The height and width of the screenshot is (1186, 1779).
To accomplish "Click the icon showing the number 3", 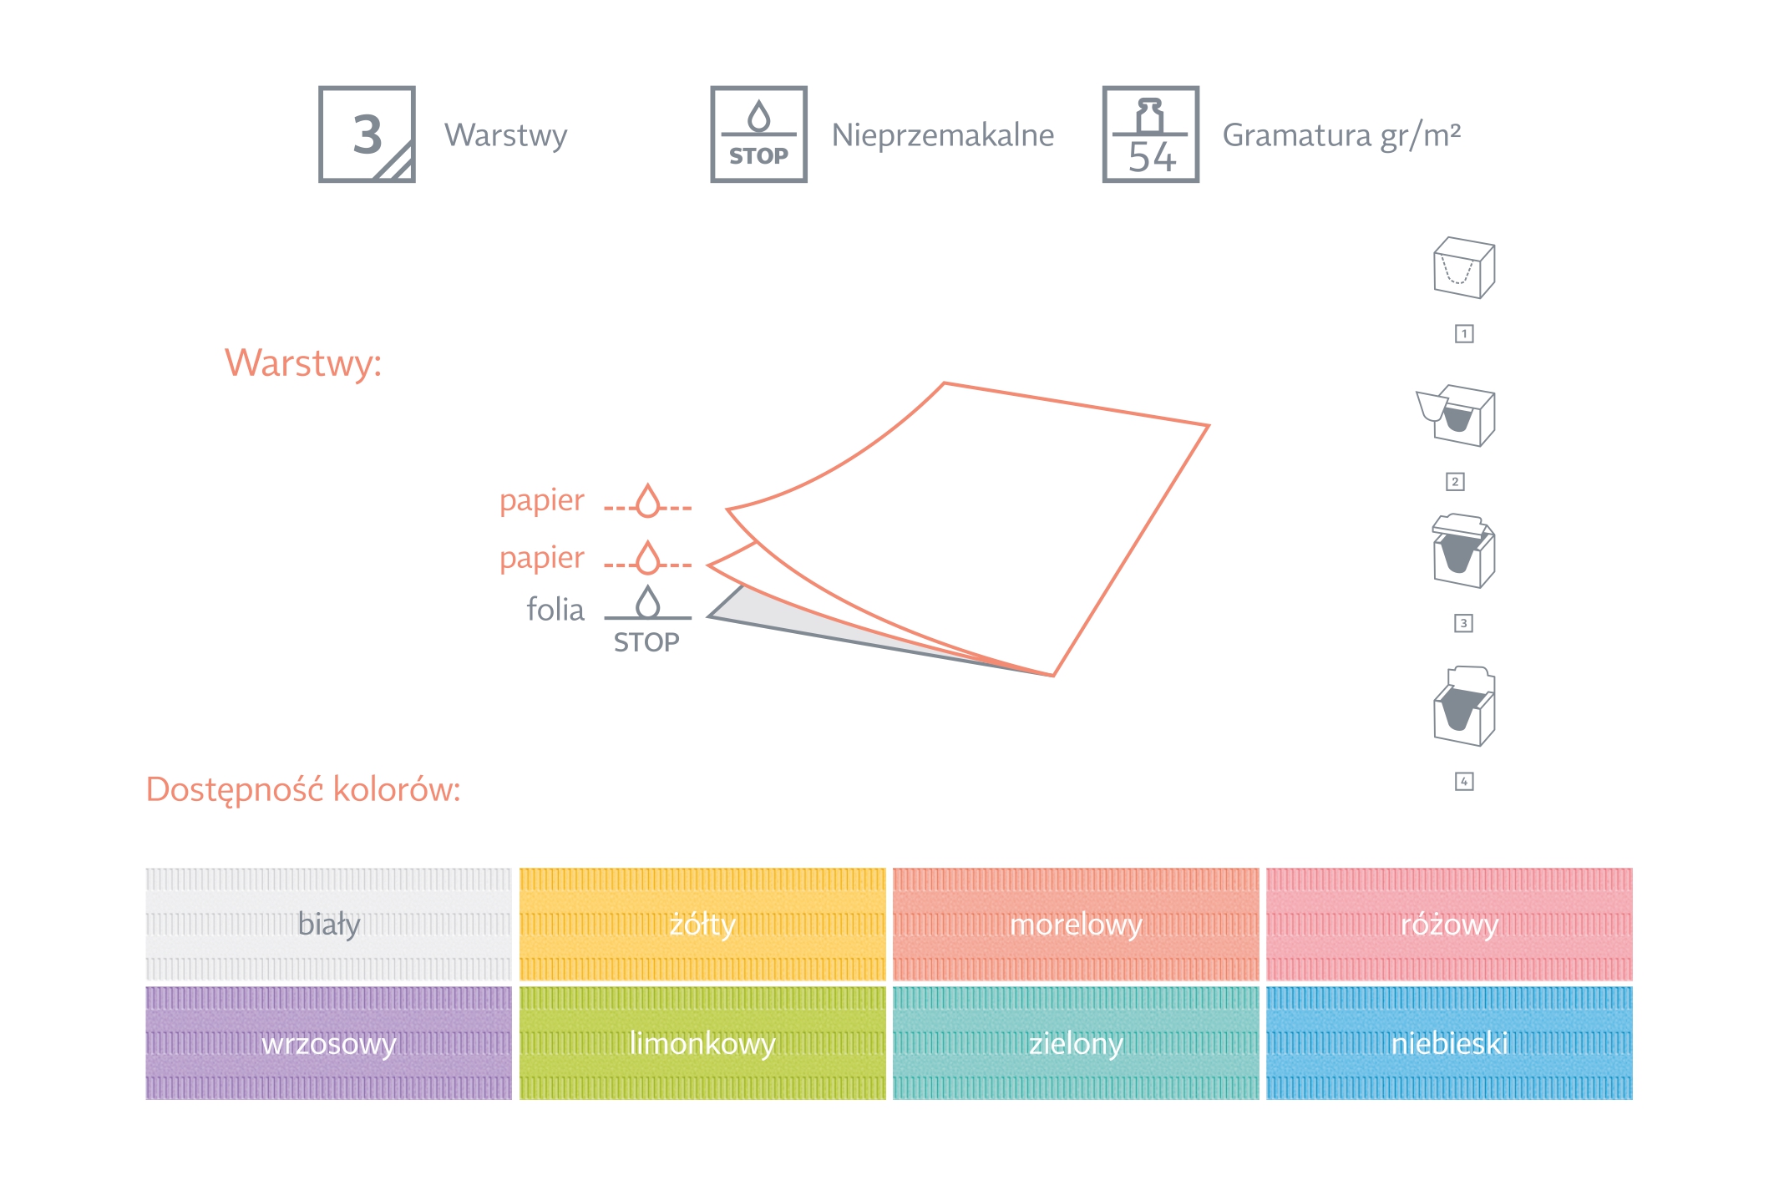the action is (x=367, y=134).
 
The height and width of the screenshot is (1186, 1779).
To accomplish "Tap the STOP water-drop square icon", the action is (x=758, y=134).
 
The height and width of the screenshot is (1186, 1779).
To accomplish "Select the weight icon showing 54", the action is (x=1150, y=134).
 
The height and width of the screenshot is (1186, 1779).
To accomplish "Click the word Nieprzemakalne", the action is (x=943, y=135).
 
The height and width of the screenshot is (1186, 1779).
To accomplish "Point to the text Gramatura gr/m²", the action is (x=1341, y=135).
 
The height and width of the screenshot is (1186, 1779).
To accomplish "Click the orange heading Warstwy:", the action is (x=303, y=363).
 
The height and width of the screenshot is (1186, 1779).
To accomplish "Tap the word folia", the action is (x=555, y=610).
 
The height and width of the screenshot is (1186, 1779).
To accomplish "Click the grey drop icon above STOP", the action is (x=647, y=601).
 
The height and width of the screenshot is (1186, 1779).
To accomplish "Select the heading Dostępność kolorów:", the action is (x=303, y=789).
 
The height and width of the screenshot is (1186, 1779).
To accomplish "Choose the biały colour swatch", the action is (x=328, y=925).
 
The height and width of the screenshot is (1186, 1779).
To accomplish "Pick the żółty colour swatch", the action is (x=702, y=925).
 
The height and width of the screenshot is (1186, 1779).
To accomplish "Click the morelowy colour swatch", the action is (x=1076, y=925).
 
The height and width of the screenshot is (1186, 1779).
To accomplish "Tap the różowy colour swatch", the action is (x=1449, y=925).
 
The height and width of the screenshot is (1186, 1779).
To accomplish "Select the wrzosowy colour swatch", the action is (x=328, y=1043).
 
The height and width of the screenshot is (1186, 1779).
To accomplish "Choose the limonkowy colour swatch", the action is (x=702, y=1043).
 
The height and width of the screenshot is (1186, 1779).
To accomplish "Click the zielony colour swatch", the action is (x=1076, y=1043).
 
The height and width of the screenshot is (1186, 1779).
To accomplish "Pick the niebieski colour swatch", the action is (x=1449, y=1043).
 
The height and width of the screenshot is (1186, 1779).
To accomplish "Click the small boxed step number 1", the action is (x=1464, y=334).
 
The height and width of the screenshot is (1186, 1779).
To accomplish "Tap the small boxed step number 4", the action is (x=1464, y=782).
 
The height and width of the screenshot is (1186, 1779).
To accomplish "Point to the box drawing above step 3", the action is (x=1463, y=550).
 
